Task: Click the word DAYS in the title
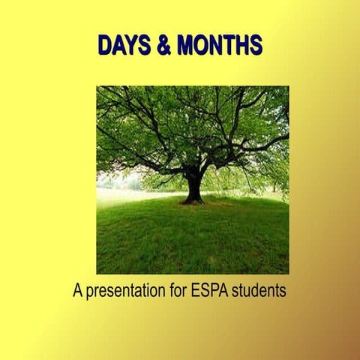click(124, 46)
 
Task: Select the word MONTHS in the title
click(219, 46)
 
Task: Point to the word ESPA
click(211, 290)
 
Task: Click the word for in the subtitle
click(178, 290)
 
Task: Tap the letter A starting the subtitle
click(77, 290)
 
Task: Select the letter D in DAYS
click(105, 46)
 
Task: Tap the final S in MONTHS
click(255, 46)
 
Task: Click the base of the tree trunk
click(193, 199)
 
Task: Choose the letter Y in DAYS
click(131, 46)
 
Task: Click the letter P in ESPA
click(215, 290)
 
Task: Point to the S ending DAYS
click(143, 46)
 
